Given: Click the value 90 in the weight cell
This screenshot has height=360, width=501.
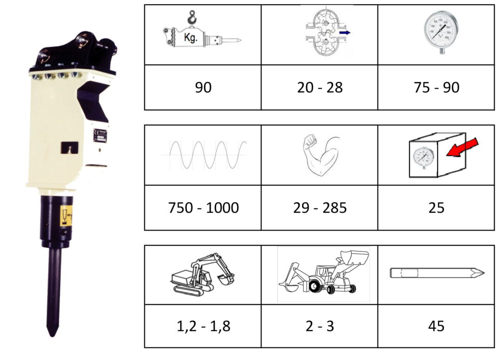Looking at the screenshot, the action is tap(203, 88).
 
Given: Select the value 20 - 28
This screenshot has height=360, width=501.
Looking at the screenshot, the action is tap(320, 88).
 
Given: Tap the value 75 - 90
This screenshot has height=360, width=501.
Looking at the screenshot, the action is tap(437, 88).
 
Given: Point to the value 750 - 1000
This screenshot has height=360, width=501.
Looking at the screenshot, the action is tap(204, 208).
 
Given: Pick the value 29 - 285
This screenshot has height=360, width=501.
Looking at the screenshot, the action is tap(320, 208).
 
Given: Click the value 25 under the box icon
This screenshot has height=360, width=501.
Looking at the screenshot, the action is tap(437, 208).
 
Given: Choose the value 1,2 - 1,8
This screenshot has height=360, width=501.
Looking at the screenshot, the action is tap(204, 326).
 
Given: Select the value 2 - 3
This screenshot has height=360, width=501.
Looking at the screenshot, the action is tap(320, 326).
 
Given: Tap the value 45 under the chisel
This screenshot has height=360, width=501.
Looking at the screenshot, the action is tap(437, 326).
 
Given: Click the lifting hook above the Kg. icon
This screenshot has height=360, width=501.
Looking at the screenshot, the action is tap(192, 18).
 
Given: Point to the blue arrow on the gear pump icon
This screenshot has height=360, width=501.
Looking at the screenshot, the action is tap(345, 32).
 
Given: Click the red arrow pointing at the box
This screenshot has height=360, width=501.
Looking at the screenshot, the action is tap(462, 147).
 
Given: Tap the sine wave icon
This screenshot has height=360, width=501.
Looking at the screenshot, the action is tap(204, 155).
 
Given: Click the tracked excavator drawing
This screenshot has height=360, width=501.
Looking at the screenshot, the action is tap(203, 274).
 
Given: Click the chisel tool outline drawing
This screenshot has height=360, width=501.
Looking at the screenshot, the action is tap(437, 273).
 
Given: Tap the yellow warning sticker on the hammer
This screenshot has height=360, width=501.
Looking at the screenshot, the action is tap(66, 216).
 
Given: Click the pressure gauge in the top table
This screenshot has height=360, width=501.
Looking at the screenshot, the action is tap(441, 32).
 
